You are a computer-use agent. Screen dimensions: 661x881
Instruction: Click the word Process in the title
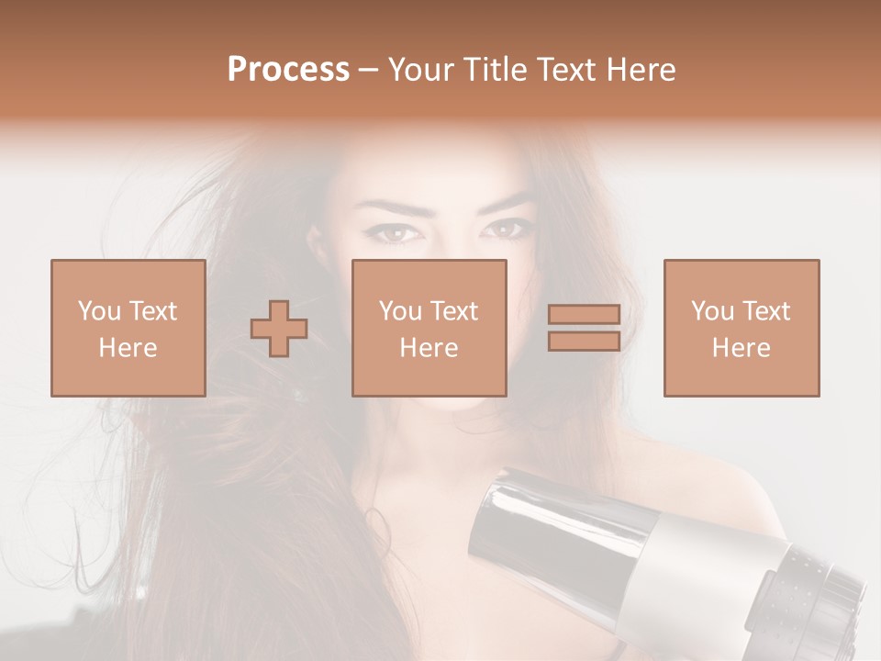pyautogui.click(x=288, y=70)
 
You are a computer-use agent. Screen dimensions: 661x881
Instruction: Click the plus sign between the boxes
pyautogui.click(x=279, y=328)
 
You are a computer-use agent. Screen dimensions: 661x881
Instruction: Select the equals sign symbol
pyautogui.click(x=584, y=328)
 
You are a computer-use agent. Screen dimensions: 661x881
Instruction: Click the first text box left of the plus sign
pyautogui.click(x=128, y=328)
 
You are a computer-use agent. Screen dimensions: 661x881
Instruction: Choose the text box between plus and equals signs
pyautogui.click(x=429, y=328)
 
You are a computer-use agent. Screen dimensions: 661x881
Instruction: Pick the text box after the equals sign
pyautogui.click(x=741, y=328)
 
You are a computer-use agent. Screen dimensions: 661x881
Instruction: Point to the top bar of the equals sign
pyautogui.click(x=584, y=314)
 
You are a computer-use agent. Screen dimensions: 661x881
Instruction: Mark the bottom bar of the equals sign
pyautogui.click(x=584, y=341)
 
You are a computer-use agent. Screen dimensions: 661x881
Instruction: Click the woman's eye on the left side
pyautogui.click(x=392, y=233)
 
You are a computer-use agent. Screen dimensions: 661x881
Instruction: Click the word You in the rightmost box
pyautogui.click(x=712, y=311)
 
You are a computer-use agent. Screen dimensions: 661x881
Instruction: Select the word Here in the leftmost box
pyautogui.click(x=128, y=347)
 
